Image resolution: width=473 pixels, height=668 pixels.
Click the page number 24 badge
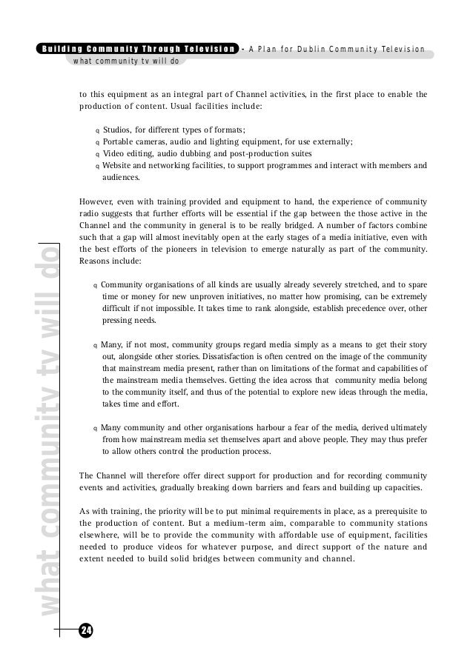86,631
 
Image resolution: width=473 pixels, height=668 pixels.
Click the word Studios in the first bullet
119,130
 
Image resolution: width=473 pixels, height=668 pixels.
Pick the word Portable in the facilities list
120,142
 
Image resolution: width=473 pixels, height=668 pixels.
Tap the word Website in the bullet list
120,166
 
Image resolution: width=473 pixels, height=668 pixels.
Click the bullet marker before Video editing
97,155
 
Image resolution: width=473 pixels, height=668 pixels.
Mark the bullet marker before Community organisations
95,285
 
